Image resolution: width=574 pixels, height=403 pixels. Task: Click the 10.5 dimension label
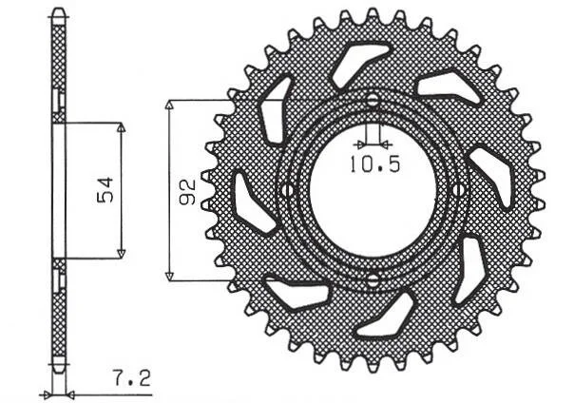(x=375, y=164)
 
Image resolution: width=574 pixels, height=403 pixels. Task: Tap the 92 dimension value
(x=188, y=191)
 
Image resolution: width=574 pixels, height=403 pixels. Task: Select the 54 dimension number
(x=105, y=190)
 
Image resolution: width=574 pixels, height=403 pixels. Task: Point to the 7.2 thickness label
(x=132, y=378)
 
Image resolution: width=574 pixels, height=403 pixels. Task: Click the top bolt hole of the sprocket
(x=373, y=100)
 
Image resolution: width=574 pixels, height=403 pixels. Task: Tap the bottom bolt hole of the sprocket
(x=373, y=280)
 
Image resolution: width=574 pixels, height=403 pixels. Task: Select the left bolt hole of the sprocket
(x=287, y=190)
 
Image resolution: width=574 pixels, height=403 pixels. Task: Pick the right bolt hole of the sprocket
(x=458, y=190)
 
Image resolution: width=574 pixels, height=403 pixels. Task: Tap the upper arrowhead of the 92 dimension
(x=168, y=106)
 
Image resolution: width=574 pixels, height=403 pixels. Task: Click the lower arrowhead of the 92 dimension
(x=169, y=276)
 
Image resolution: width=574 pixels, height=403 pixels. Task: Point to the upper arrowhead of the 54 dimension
(x=122, y=127)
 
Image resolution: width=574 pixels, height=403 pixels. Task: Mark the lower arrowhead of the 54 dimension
(x=122, y=254)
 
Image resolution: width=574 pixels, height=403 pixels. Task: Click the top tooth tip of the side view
(x=59, y=10)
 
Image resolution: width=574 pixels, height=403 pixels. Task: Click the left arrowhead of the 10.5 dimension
(x=361, y=144)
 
